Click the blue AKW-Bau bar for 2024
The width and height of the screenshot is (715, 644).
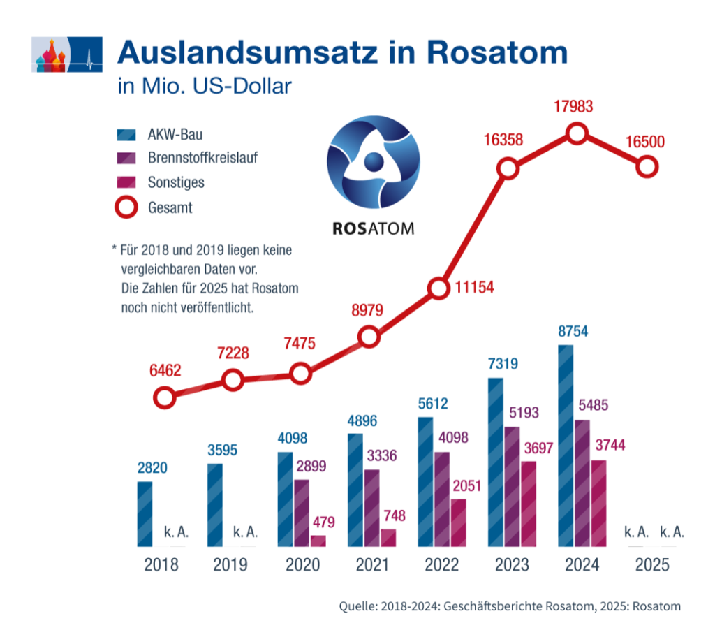coord(566,446)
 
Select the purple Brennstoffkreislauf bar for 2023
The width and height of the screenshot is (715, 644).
coord(512,487)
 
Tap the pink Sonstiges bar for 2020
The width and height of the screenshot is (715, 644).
coord(318,541)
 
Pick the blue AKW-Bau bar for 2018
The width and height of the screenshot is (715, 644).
coord(145,514)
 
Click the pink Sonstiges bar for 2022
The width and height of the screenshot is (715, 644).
coord(458,522)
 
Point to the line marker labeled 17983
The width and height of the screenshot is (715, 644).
coord(577,133)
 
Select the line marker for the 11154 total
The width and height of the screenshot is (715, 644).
coord(438,288)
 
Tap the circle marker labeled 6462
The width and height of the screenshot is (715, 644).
coord(164,398)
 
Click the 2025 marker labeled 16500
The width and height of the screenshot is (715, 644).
coord(647,167)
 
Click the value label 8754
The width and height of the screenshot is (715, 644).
coord(573,331)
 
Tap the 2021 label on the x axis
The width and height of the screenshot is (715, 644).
coord(372,564)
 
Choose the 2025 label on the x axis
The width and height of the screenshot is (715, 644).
coord(652,564)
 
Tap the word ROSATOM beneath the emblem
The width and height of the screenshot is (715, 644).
coord(374,228)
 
